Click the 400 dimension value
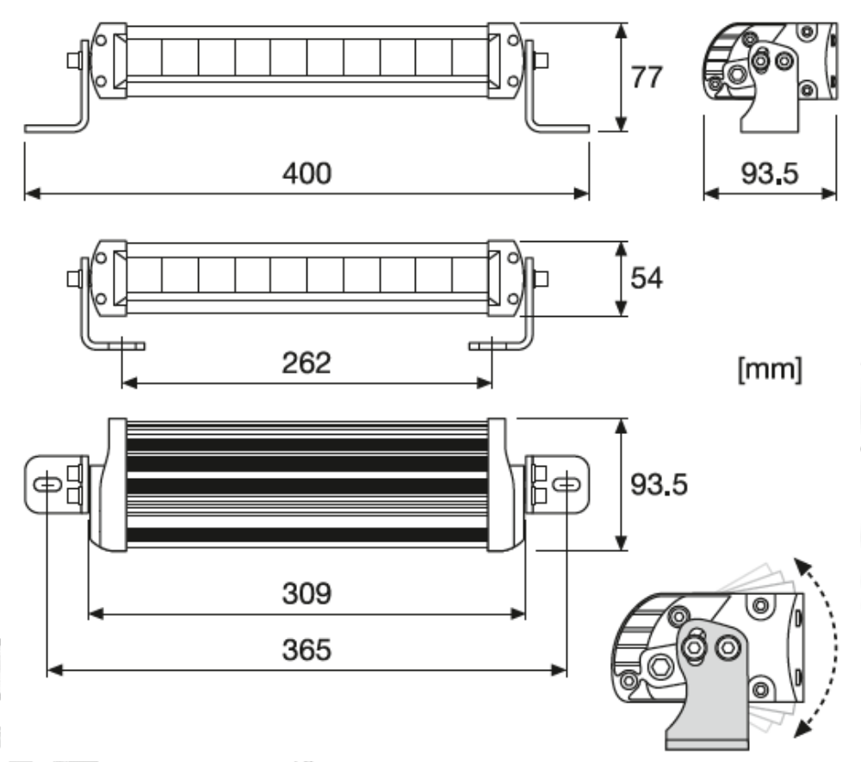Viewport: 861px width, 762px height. click(x=307, y=173)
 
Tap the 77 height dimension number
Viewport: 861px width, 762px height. click(x=646, y=77)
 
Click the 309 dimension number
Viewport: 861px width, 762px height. click(x=307, y=593)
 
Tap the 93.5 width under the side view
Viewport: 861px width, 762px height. click(x=770, y=173)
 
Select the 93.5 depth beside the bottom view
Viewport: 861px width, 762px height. click(x=659, y=484)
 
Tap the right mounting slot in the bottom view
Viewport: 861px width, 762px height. click(x=566, y=485)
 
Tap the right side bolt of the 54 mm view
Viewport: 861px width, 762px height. click(x=542, y=278)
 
